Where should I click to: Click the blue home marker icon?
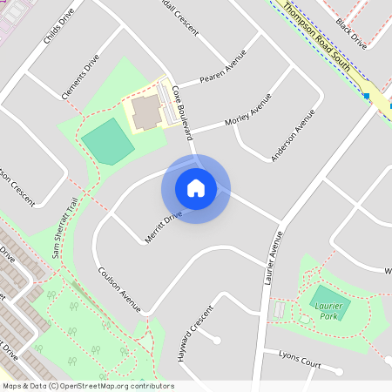tap(196, 188)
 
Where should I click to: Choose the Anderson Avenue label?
tap(292, 135)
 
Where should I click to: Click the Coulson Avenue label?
tap(119, 288)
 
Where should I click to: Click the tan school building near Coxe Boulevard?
tap(146, 112)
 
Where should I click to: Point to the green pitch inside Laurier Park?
tap(330, 301)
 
